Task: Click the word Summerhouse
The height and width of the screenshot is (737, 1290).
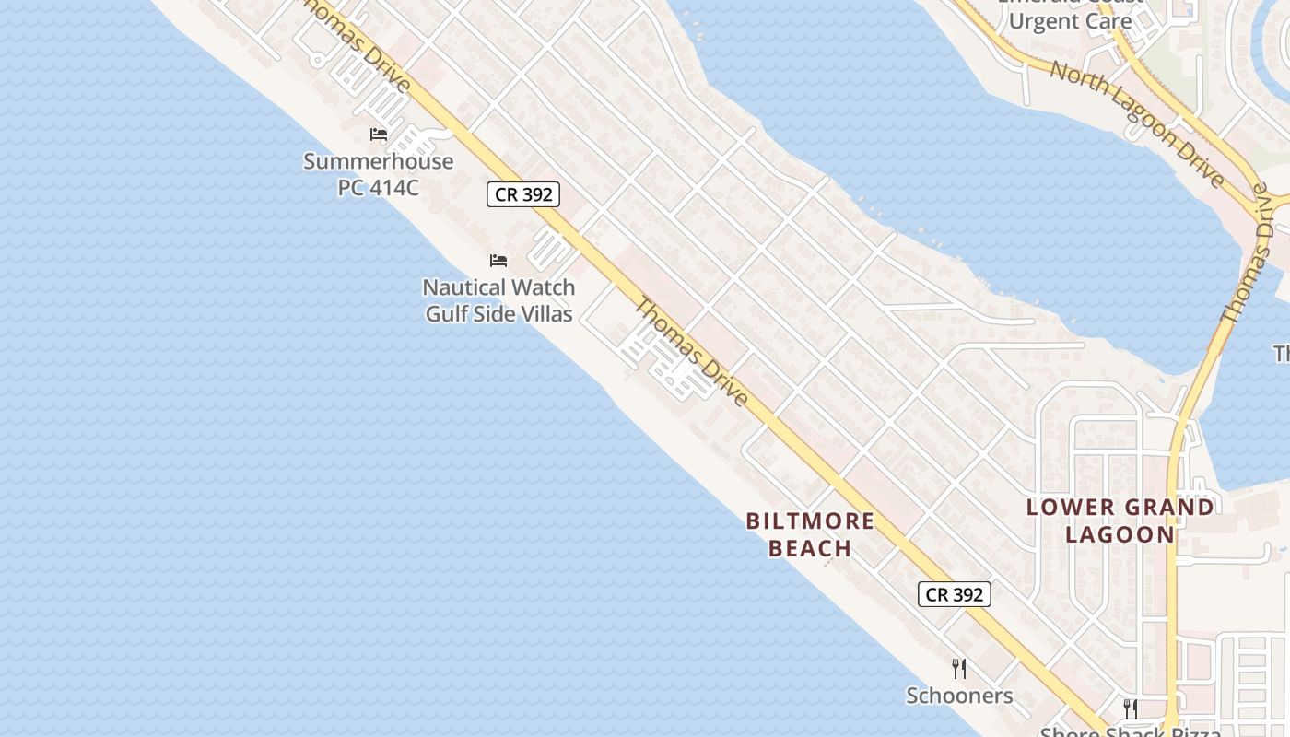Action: click(378, 161)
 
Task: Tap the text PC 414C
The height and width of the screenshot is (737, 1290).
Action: click(378, 187)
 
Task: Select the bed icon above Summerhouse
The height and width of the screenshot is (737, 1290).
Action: click(378, 135)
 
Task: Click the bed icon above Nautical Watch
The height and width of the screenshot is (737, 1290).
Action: click(498, 261)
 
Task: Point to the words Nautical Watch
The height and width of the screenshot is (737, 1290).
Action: click(498, 287)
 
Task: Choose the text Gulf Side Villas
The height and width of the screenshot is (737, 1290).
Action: click(498, 313)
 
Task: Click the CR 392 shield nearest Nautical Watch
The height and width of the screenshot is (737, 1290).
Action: click(523, 194)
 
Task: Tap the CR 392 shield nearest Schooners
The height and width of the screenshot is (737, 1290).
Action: click(955, 594)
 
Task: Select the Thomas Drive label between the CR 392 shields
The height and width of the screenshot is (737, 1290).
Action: click(692, 351)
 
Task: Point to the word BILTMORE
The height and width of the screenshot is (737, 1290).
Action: click(810, 521)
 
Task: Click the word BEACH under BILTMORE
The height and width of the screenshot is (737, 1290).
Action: click(810, 548)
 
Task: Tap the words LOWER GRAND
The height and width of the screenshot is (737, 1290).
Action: click(1120, 507)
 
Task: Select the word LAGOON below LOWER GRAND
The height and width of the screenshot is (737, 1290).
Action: click(1120, 533)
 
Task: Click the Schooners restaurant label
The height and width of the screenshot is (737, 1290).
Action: click(959, 696)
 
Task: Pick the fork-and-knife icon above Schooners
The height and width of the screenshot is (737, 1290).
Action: click(959, 668)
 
